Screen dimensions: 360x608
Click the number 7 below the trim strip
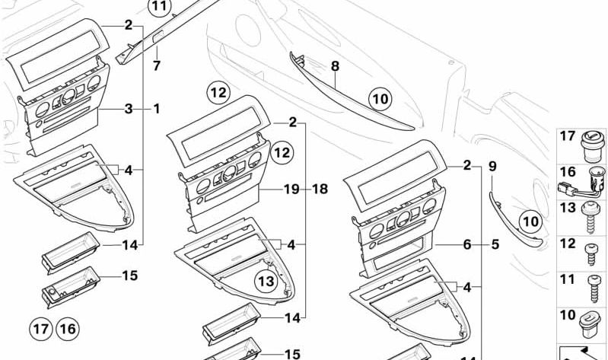[x=157, y=65]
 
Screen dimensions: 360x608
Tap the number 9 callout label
[x=492, y=165]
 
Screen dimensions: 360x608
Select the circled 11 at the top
[x=161, y=8]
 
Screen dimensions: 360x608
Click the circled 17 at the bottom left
[x=40, y=329]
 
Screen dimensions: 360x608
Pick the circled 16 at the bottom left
[x=67, y=329]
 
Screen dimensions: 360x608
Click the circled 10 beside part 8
[x=380, y=97]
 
